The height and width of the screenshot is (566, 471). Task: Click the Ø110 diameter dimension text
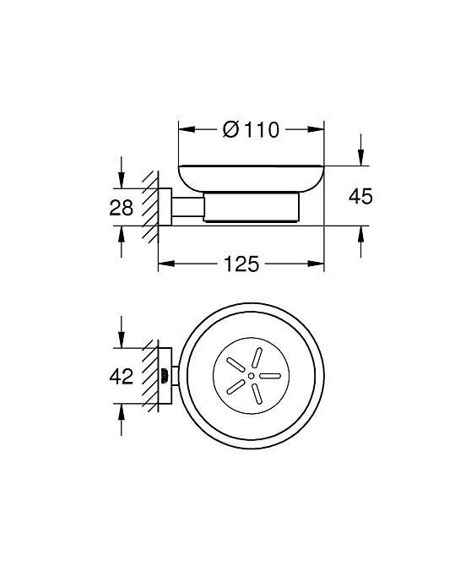point(251,129)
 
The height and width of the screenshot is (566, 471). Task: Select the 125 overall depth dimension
point(241,264)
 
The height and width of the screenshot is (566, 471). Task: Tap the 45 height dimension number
point(360,197)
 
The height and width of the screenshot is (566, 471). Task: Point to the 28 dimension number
point(122,208)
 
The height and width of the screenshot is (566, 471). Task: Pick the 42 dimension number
point(122,377)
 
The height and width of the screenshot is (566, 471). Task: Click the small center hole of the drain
point(251,376)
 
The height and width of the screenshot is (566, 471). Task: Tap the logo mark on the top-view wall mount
point(165,376)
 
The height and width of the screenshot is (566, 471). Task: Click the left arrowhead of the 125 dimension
point(166,264)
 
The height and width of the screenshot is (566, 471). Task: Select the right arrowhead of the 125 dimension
point(316,264)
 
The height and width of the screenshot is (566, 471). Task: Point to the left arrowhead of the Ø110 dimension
point(187,129)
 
